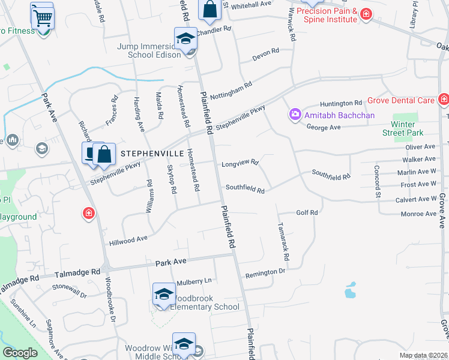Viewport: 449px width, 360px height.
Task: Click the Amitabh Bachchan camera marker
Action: [x=295, y=114]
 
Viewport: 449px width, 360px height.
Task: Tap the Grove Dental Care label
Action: [x=400, y=100]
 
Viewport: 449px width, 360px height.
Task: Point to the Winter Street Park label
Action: [x=403, y=128]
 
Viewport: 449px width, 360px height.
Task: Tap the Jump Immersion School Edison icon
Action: [x=185, y=40]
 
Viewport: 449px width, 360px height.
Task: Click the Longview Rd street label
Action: [x=240, y=163]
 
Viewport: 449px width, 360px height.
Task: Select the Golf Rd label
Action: [x=307, y=212]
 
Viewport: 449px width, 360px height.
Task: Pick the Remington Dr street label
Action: [x=265, y=272]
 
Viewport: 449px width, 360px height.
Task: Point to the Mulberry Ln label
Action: [x=194, y=281]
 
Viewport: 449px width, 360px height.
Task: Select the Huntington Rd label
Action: [x=341, y=103]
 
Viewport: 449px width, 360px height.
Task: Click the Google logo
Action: [x=20, y=353]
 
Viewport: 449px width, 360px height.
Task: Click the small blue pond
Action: [x=350, y=291]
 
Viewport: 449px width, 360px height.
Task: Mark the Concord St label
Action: [x=378, y=181]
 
